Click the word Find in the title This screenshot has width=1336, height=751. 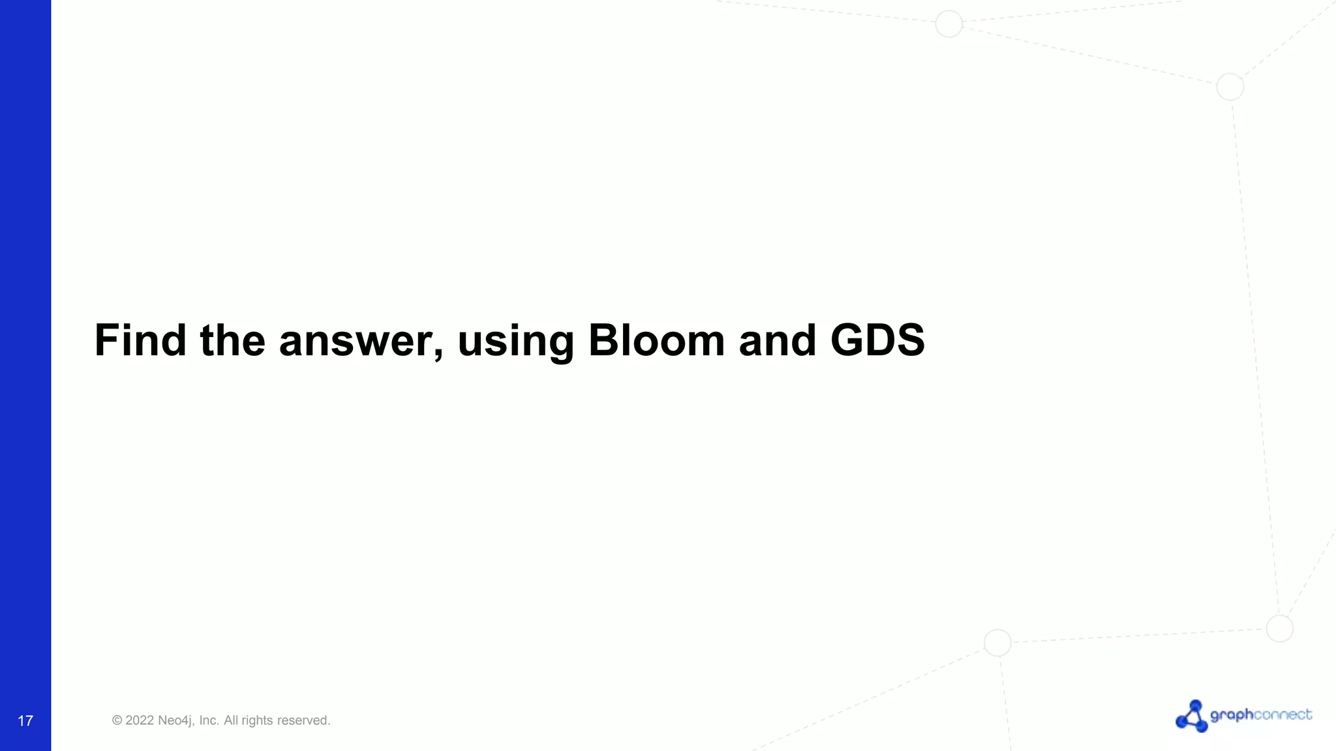[x=140, y=340]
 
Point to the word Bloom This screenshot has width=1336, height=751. [x=656, y=340]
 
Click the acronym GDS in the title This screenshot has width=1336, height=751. [x=877, y=340]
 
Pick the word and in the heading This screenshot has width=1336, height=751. [x=777, y=340]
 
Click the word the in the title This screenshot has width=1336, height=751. [x=232, y=340]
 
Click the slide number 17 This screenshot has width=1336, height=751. [x=25, y=720]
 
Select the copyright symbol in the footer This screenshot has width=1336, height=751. [x=117, y=720]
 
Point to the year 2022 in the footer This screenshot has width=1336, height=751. [x=140, y=720]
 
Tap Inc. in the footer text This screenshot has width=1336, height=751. [x=209, y=720]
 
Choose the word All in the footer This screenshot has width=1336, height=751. [x=231, y=720]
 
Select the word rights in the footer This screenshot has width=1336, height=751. [x=257, y=720]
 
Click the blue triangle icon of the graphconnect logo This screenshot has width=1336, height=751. [x=1192, y=716]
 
